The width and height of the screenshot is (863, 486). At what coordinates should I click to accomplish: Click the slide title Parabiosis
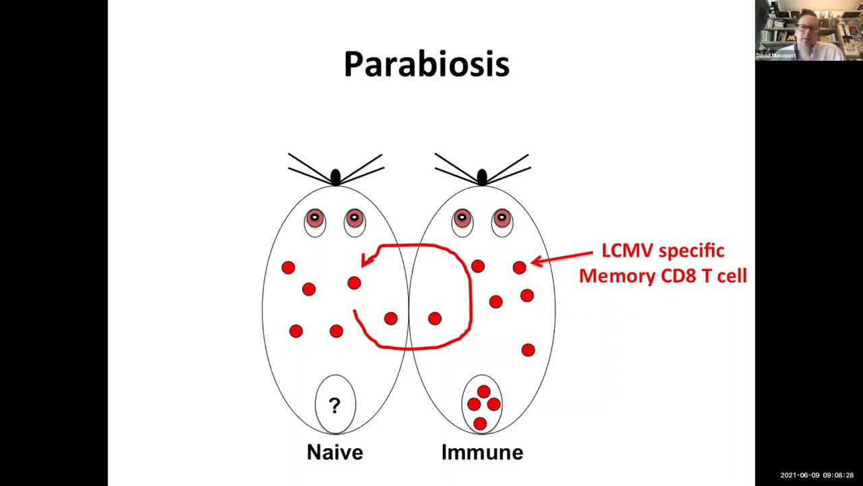[x=426, y=64]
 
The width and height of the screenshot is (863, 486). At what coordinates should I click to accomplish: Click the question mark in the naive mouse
[x=334, y=405]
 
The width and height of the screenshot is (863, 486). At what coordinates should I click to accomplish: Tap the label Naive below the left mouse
[x=334, y=452]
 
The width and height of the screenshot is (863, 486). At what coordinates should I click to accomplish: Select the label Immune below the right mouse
[x=482, y=452]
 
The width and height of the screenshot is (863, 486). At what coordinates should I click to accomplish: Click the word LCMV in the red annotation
[x=627, y=250]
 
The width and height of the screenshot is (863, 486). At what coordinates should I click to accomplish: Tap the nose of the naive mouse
[x=335, y=178]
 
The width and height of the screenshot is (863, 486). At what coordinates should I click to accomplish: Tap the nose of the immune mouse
[x=481, y=178]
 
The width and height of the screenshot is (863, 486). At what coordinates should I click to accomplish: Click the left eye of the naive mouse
[x=315, y=219]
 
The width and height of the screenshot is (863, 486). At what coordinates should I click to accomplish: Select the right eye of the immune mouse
[x=502, y=219]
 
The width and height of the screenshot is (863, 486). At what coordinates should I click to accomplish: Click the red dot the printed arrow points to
[x=519, y=268]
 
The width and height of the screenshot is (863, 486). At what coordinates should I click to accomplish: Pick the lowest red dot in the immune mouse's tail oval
[x=479, y=423]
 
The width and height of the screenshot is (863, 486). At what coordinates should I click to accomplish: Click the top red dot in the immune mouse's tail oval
[x=483, y=391]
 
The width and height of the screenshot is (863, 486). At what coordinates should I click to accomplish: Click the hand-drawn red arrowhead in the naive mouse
[x=367, y=259]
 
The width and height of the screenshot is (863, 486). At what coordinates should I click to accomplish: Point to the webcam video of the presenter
[x=808, y=30]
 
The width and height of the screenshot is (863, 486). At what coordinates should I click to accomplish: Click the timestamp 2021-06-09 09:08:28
[x=816, y=475]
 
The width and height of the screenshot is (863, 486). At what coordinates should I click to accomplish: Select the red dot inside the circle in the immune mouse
[x=435, y=319]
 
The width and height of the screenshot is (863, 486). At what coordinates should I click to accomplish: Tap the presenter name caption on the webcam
[x=775, y=55]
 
